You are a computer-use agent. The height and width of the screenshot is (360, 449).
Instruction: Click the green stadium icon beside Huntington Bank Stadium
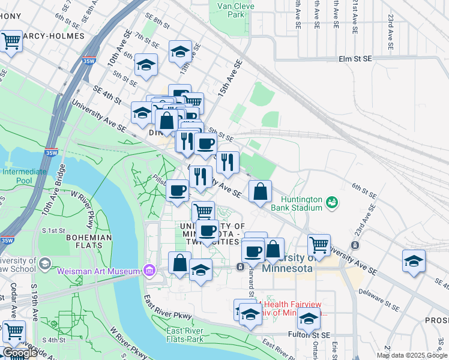click(331, 203)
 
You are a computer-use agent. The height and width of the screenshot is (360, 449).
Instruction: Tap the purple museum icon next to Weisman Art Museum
click(149, 272)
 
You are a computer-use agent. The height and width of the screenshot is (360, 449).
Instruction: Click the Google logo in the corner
click(20, 352)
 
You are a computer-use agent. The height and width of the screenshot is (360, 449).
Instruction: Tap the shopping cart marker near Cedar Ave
click(13, 331)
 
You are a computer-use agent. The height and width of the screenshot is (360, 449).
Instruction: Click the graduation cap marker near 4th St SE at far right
click(414, 262)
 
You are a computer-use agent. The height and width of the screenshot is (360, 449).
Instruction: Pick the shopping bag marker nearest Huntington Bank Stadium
click(261, 192)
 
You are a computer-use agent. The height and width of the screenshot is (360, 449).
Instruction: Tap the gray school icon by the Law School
click(44, 264)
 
